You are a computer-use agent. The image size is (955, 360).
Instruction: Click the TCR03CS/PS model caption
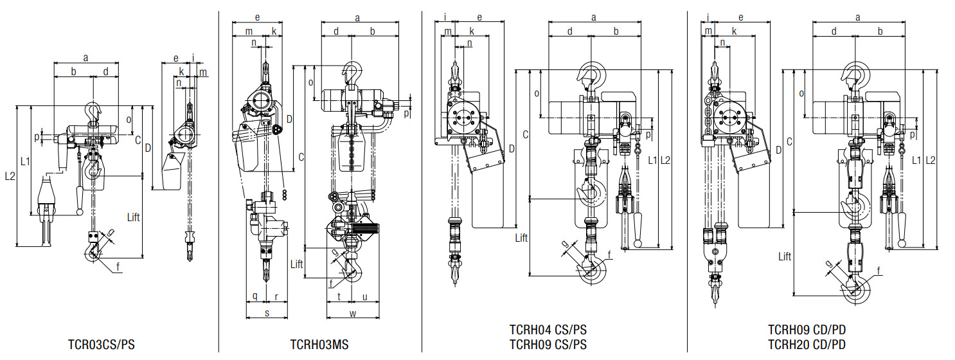pos(101,344)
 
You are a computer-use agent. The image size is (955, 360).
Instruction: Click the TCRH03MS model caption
pos(319,344)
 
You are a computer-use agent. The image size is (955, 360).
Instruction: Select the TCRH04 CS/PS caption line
pos(548,330)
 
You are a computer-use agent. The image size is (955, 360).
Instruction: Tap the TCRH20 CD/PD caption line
pos(807,344)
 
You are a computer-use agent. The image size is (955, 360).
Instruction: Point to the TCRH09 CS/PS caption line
pos(548,344)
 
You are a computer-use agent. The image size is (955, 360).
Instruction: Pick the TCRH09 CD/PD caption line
pos(807,330)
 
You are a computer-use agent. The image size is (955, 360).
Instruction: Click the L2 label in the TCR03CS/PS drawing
pos(10,175)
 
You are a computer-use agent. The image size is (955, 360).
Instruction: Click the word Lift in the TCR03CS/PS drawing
pos(134,217)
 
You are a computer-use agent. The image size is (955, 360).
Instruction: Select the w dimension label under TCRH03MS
pos(353,314)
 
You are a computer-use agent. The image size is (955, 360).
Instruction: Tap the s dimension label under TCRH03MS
pos(267,313)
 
